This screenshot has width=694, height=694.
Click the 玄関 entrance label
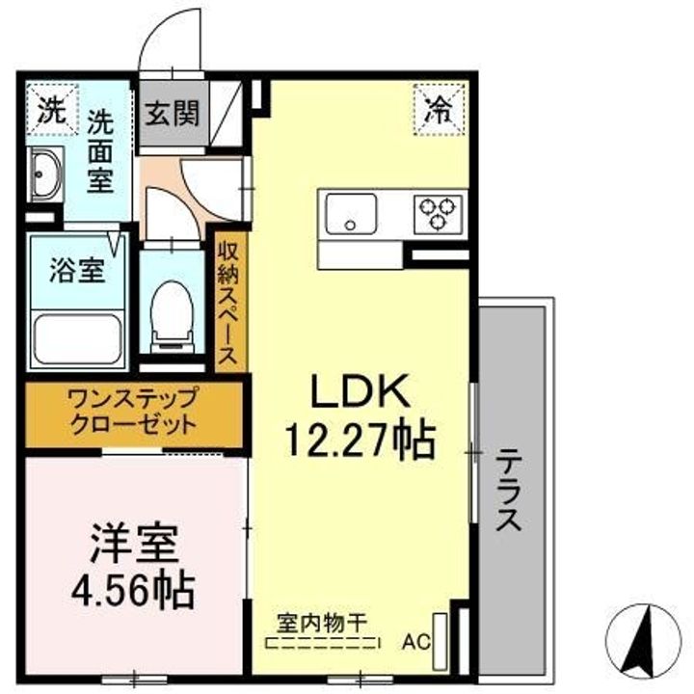[x=173, y=114]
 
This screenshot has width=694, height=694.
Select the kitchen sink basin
[x=351, y=214]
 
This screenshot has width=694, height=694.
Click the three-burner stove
[x=438, y=214]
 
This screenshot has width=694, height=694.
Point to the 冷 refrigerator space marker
[x=440, y=109]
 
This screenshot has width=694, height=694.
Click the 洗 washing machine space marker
[x=52, y=109]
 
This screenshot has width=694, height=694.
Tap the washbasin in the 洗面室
[x=45, y=173]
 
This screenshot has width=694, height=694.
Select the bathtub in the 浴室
[x=77, y=339]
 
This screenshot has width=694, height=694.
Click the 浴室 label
[x=77, y=270]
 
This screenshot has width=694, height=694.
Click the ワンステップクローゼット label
[x=133, y=412]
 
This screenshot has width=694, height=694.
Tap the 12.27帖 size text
[x=360, y=440]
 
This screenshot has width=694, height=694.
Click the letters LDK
[x=360, y=390]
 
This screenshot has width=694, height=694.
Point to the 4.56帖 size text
[x=133, y=591]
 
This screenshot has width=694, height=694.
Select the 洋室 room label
[x=135, y=544]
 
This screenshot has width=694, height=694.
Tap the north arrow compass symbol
[x=643, y=642]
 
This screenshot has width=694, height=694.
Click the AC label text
[x=416, y=642]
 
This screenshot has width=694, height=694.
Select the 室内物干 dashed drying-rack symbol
[x=322, y=643]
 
